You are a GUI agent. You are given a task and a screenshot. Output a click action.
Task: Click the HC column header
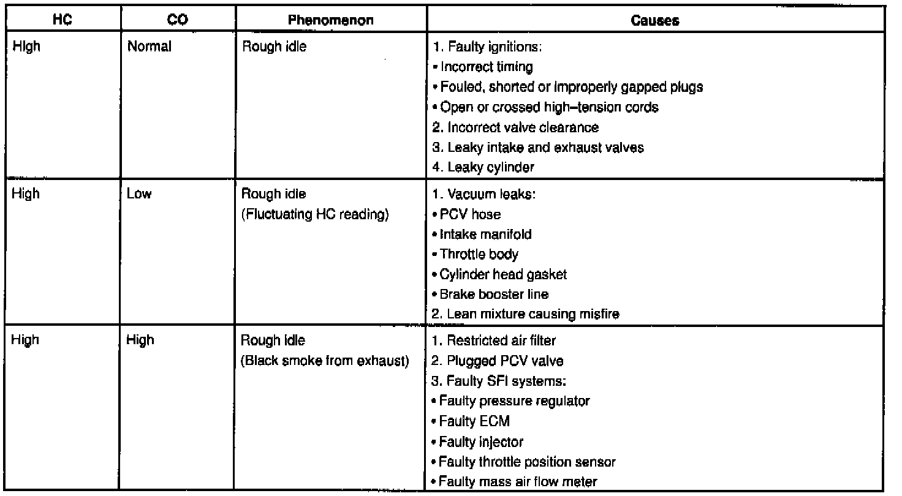pos(60,20)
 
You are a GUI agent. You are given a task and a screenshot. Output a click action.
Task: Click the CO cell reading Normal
pos(149,47)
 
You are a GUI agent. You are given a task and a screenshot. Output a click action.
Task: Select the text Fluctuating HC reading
pos(316,214)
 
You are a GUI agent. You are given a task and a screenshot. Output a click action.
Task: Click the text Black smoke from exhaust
pos(325,361)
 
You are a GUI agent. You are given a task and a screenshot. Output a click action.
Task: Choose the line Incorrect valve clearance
pos(515,127)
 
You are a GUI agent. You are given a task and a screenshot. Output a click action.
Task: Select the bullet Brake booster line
pos(493,295)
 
